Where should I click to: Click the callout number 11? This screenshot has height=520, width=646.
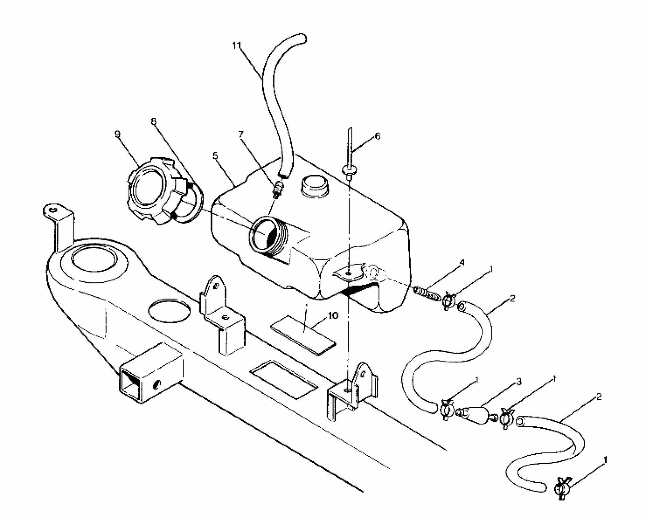click(237, 46)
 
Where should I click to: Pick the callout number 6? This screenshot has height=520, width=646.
click(378, 136)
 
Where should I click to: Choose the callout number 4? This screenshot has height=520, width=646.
click(462, 262)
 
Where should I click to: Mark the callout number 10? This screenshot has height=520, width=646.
click(333, 315)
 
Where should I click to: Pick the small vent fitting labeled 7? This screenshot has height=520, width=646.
click(278, 189)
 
